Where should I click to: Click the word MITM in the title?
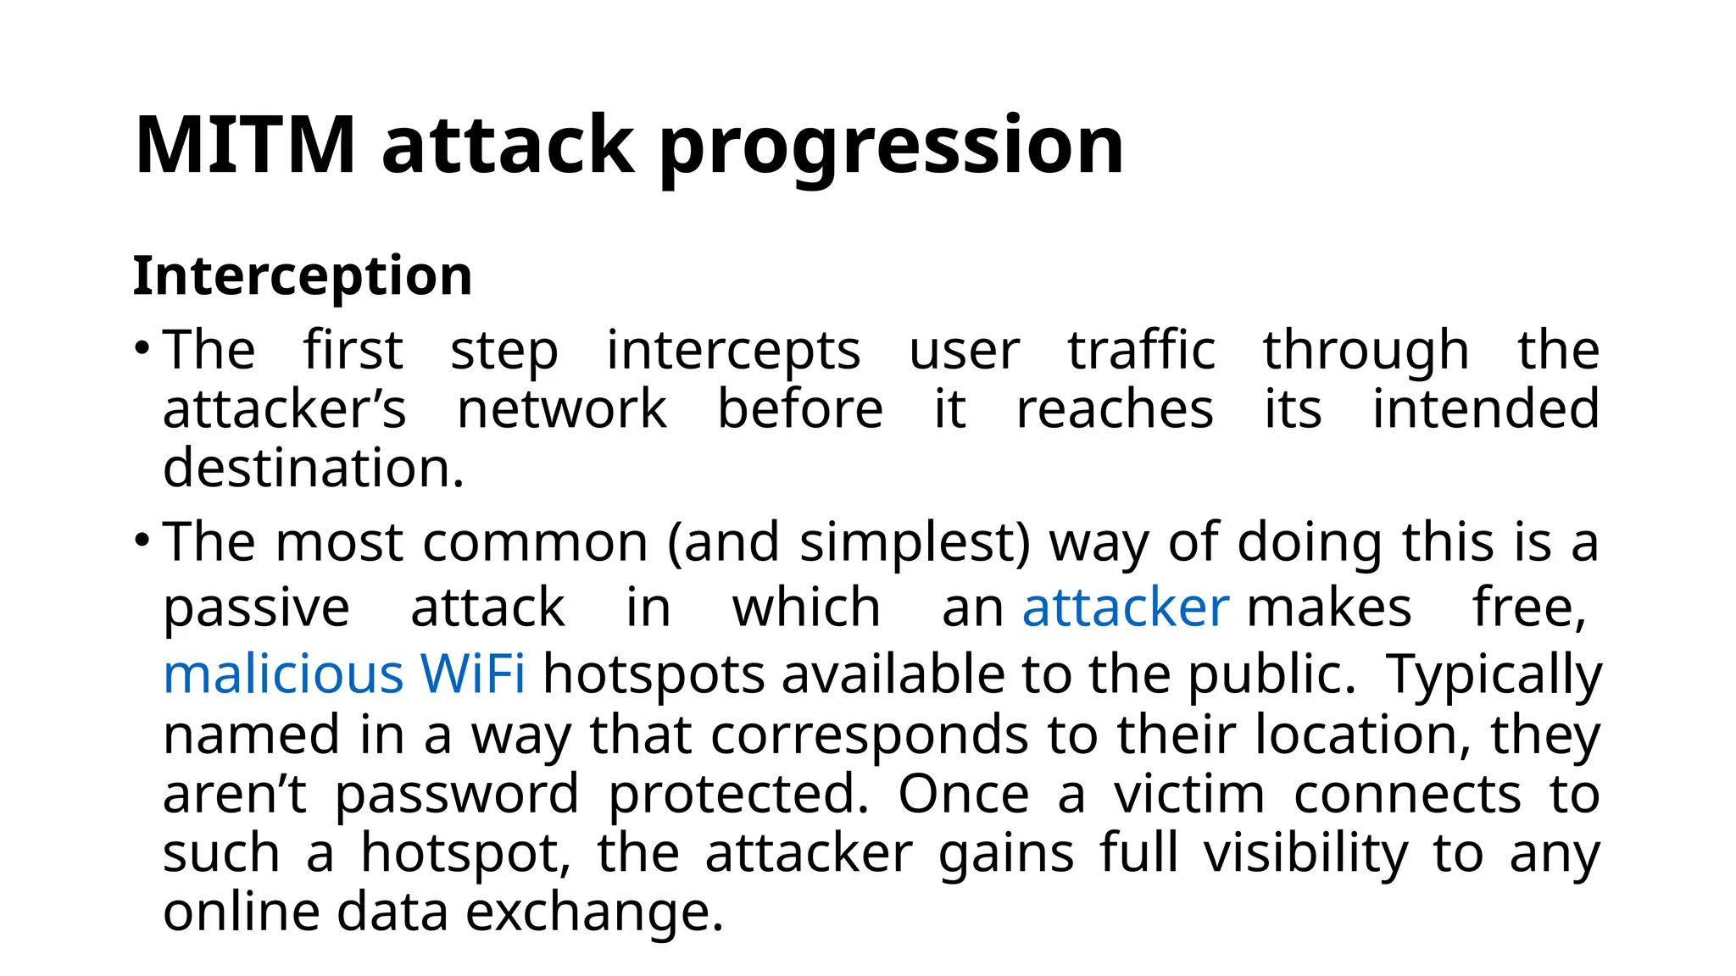click(x=244, y=145)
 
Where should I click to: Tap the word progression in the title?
click(x=891, y=147)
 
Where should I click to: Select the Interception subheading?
click(x=303, y=276)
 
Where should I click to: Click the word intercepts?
click(x=733, y=351)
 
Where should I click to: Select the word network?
click(x=562, y=409)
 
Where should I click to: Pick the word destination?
click(x=313, y=468)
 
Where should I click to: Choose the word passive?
click(x=256, y=608)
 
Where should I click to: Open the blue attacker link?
click(x=1125, y=607)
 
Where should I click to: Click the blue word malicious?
click(x=282, y=674)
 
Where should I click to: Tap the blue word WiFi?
click(x=472, y=674)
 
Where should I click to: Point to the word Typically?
click(x=1494, y=676)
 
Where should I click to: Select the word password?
click(x=457, y=796)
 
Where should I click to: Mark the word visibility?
click(x=1306, y=853)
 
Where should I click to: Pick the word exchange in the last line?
click(x=594, y=912)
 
